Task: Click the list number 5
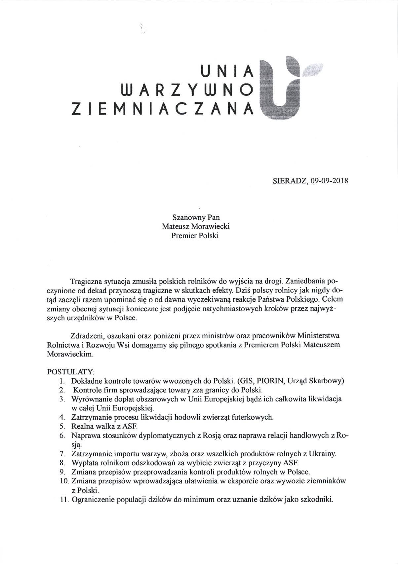(x=62, y=427)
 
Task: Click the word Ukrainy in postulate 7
(x=323, y=454)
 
